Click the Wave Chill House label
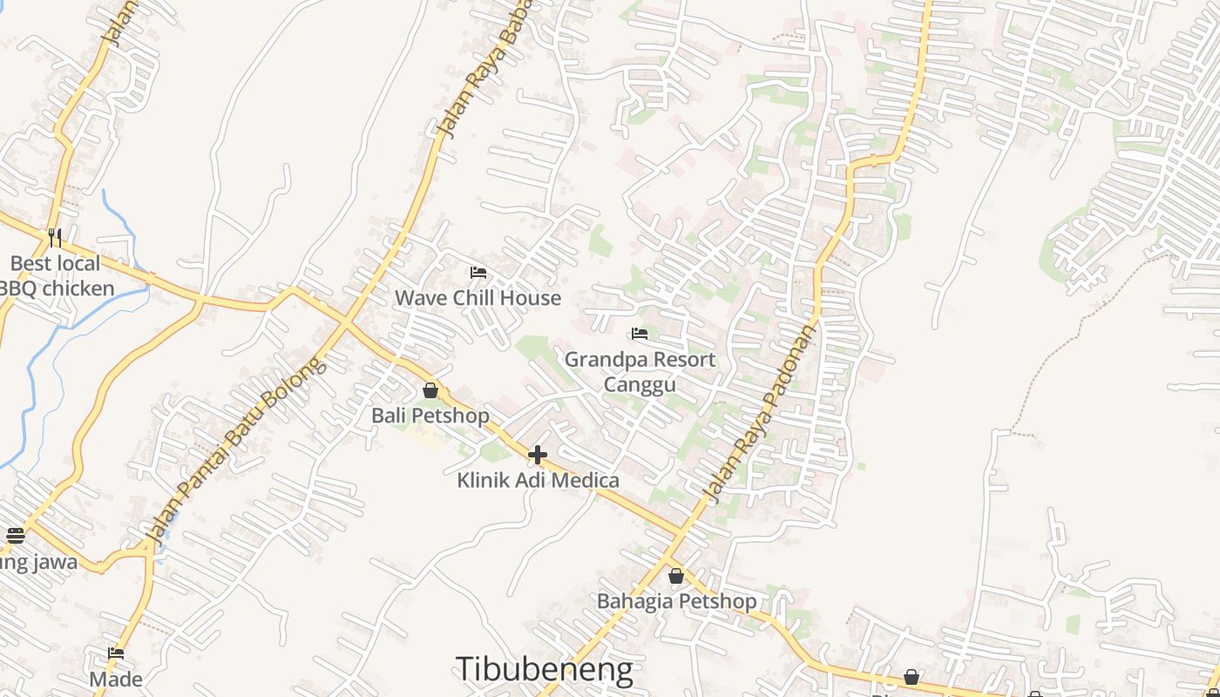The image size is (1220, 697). [478, 298]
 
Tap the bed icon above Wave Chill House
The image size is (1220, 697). [478, 273]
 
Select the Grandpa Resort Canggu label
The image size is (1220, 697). [640, 372]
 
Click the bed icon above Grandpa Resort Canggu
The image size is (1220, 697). [640, 334]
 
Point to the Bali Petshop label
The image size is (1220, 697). [430, 416]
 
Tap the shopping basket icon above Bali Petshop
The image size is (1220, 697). [430, 390]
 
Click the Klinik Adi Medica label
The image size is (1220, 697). [538, 480]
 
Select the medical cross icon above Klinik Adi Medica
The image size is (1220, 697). [538, 454]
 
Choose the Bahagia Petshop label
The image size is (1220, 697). [676, 601]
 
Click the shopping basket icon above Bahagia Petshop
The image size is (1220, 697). [676, 576]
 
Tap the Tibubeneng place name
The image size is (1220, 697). [544, 669]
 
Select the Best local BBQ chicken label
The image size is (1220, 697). [56, 276]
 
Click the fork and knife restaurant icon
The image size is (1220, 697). [55, 237]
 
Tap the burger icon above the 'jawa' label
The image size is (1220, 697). [15, 535]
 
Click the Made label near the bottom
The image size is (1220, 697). [116, 679]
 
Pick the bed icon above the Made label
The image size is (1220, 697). [116, 653]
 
